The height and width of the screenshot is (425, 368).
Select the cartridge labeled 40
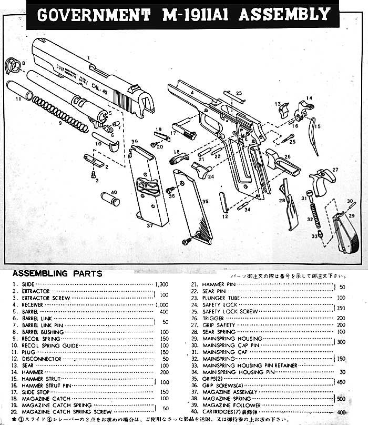(111, 200)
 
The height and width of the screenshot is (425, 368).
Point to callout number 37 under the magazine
(150, 225)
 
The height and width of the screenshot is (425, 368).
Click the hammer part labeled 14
(303, 110)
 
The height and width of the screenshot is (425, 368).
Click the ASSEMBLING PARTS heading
(57, 274)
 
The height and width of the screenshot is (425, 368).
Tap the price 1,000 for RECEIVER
(161, 305)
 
